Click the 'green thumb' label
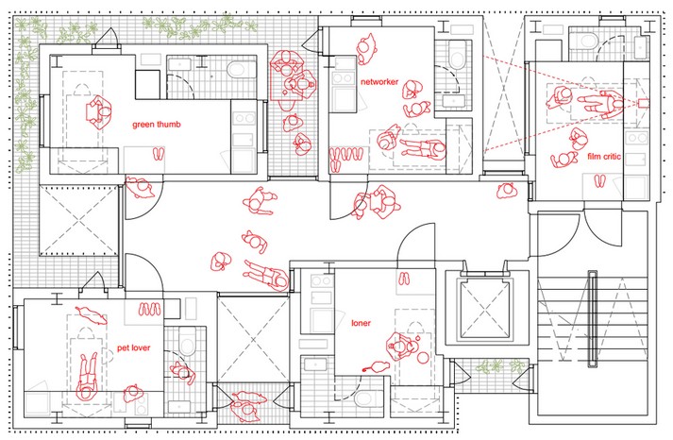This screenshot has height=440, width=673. pos(157,125)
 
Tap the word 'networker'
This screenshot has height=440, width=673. pos(379,81)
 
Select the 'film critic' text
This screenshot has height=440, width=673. pos(604,157)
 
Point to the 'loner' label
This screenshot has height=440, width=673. pos(361,323)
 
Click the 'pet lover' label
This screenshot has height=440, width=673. pos(133,347)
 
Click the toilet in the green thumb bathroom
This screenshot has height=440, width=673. pos(237,70)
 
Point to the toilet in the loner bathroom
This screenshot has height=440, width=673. pos(364,398)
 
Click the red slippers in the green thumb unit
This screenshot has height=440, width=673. pos(159,154)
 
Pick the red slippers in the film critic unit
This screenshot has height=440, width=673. pos(599,181)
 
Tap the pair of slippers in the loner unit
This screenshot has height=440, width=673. pos(404,279)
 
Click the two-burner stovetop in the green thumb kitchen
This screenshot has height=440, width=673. pos(244,118)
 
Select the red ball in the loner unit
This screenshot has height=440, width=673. pos(423,358)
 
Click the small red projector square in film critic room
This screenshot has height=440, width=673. pos(643,103)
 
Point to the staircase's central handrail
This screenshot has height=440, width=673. pos(593,319)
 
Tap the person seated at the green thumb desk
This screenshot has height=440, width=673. pos(100,112)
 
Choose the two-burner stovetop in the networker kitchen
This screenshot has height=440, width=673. pos(343,78)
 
